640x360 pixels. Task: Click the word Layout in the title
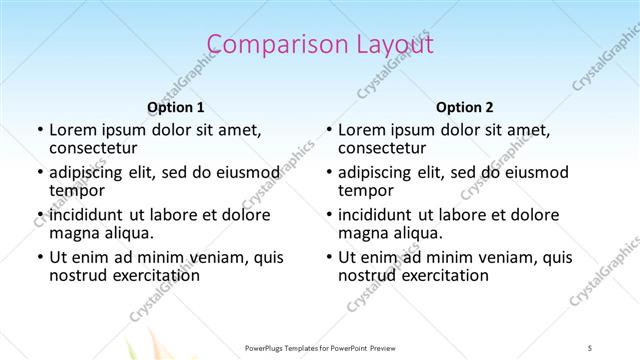pos(388,45)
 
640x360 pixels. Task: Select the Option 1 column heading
pos(175,107)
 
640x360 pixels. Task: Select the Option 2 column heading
pos(465,107)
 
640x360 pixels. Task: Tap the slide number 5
pos(590,346)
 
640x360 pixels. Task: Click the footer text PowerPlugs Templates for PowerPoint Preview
pos(320,346)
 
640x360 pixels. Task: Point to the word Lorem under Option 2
pos(362,130)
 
